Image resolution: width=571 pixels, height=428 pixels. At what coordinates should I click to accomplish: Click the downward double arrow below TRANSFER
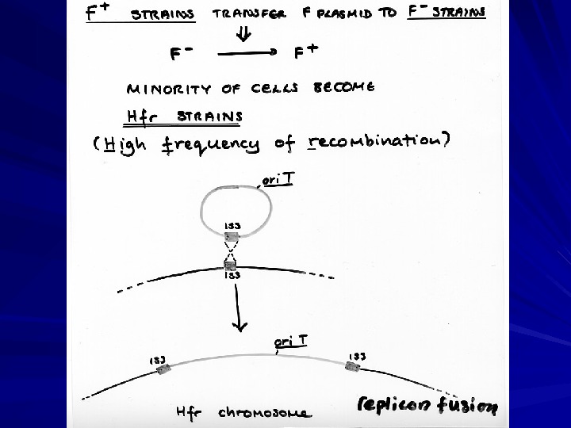(x=243, y=35)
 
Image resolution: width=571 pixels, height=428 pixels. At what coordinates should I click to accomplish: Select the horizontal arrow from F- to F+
(x=246, y=54)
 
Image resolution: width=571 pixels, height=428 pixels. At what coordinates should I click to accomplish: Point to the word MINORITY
(x=162, y=87)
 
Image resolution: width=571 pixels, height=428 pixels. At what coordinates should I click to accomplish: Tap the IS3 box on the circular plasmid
(x=232, y=236)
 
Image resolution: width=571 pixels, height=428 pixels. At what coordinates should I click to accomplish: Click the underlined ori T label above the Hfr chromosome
(x=291, y=342)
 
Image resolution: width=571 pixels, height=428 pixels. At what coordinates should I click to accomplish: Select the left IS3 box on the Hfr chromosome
(x=164, y=372)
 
